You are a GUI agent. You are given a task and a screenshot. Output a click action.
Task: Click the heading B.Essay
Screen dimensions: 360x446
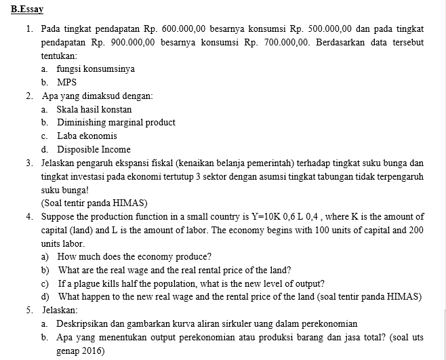coord(24,9)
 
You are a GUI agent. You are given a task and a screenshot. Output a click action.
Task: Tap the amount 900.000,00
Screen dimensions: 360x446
coord(127,42)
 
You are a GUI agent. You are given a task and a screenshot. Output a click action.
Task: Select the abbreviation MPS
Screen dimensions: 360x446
coord(66,83)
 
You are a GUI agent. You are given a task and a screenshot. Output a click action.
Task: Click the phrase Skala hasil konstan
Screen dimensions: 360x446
coord(94,109)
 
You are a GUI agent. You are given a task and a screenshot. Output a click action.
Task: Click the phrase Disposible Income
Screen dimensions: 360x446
coord(94,149)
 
